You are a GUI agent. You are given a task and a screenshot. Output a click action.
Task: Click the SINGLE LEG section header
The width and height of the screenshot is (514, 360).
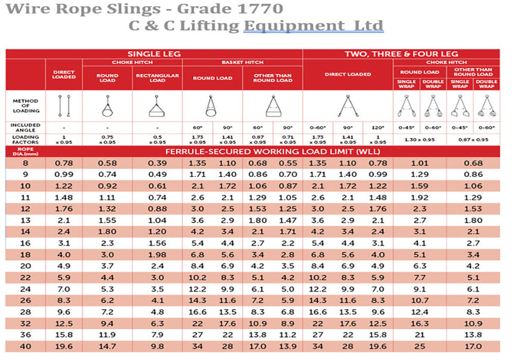point(154,53)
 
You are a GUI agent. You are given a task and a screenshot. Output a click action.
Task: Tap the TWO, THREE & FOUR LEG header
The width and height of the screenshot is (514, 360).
point(402,53)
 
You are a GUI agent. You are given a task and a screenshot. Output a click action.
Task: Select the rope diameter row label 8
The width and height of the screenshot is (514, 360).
point(26,163)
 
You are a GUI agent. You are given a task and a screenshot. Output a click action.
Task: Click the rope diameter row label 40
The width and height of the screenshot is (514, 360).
point(26,347)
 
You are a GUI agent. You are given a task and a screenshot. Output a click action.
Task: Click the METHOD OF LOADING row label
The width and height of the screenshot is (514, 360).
point(25,106)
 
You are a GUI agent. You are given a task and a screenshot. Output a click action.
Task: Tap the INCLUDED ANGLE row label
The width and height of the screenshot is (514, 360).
point(25,127)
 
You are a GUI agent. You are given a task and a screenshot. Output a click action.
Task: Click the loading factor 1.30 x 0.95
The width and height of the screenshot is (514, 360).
point(419,139)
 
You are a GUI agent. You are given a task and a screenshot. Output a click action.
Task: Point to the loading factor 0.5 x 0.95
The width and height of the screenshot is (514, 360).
point(158,139)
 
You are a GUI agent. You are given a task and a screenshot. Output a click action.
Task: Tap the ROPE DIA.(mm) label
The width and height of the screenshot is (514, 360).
point(26,151)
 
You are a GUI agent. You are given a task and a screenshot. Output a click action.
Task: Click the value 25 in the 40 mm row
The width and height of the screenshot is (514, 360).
point(419,347)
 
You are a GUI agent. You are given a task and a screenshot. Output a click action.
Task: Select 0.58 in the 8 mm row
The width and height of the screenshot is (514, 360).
point(107,163)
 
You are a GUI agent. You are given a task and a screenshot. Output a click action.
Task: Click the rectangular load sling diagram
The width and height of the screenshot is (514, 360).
point(158,106)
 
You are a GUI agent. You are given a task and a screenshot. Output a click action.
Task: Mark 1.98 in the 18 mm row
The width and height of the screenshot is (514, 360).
point(158,255)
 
